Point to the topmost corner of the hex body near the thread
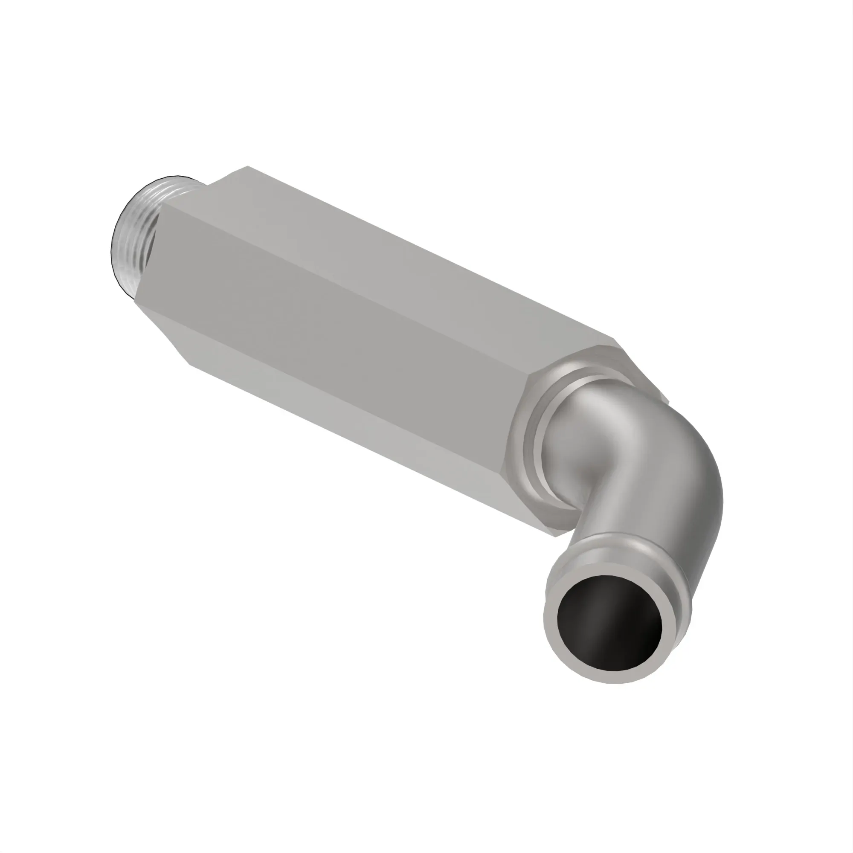(248, 166)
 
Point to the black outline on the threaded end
(113, 238)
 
